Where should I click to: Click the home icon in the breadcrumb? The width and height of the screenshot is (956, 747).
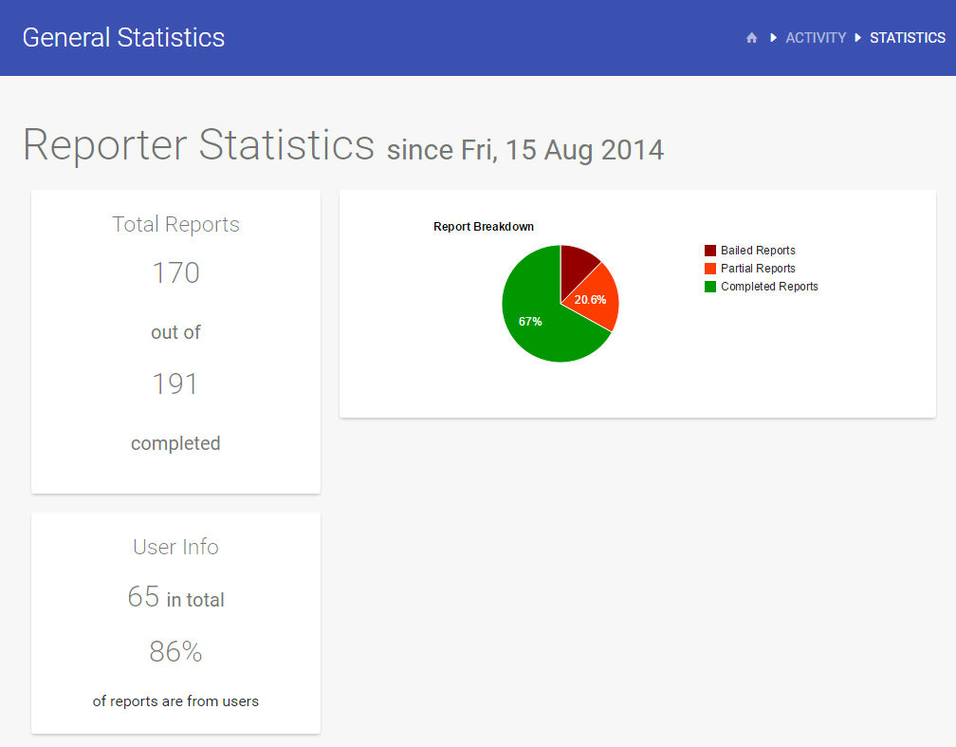(752, 38)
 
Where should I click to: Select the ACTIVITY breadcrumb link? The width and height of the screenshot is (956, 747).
(816, 38)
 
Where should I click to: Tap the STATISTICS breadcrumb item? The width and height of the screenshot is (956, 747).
(908, 38)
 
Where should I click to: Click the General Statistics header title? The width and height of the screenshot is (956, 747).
(123, 38)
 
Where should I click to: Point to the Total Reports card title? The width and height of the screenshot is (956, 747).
(175, 225)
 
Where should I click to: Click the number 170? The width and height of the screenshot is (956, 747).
(175, 273)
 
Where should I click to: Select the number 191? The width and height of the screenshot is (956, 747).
(175, 384)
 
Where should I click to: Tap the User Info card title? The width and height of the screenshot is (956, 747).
(175, 548)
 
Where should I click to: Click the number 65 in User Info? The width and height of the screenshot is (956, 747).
(143, 597)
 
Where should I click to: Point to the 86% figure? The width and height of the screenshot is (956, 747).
(175, 652)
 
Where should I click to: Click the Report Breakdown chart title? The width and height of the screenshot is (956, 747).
(484, 227)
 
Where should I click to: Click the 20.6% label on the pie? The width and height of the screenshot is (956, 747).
(590, 300)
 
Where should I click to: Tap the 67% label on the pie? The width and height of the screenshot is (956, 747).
(530, 322)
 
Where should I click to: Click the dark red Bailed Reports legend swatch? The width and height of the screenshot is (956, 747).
(710, 251)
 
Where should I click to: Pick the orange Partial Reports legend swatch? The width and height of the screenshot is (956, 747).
(710, 269)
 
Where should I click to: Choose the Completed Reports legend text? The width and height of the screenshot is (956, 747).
(769, 287)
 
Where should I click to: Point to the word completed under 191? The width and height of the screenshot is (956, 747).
(175, 443)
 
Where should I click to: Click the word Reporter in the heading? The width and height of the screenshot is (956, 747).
(104, 145)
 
